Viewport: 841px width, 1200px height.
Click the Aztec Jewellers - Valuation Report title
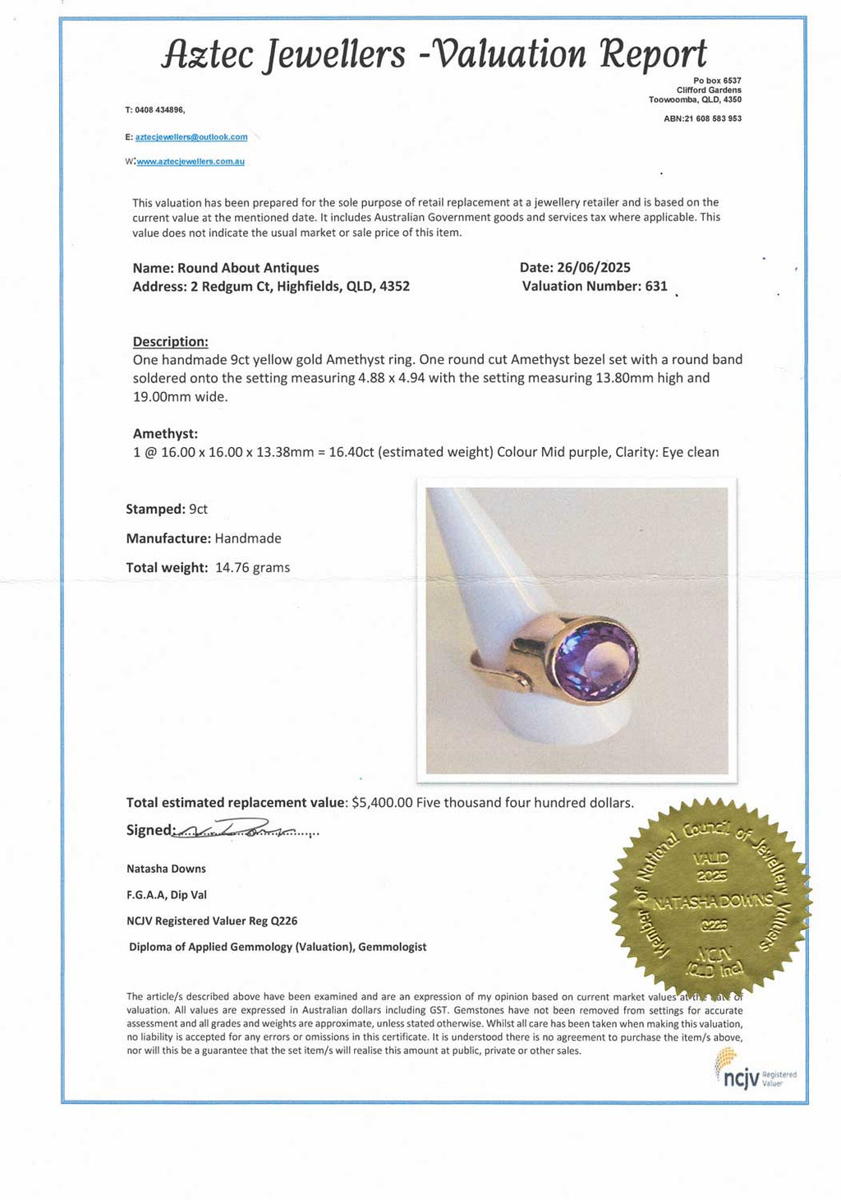pyautogui.click(x=434, y=54)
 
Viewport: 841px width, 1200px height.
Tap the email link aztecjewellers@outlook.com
pyautogui.click(x=191, y=137)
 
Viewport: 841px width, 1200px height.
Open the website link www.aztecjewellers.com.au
pyautogui.click(x=191, y=162)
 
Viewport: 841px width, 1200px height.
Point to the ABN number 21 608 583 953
pyautogui.click(x=712, y=119)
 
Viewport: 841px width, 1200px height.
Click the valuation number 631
pyautogui.click(x=656, y=286)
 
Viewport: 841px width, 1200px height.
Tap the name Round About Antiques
pyautogui.click(x=248, y=268)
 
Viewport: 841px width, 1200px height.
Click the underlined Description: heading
pyautogui.click(x=170, y=341)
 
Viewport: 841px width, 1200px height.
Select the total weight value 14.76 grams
pyautogui.click(x=252, y=567)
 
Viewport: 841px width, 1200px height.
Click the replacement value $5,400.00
pyautogui.click(x=382, y=802)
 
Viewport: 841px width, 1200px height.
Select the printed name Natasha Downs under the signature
pyautogui.click(x=166, y=869)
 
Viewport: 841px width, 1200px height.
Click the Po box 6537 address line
pyautogui.click(x=717, y=81)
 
